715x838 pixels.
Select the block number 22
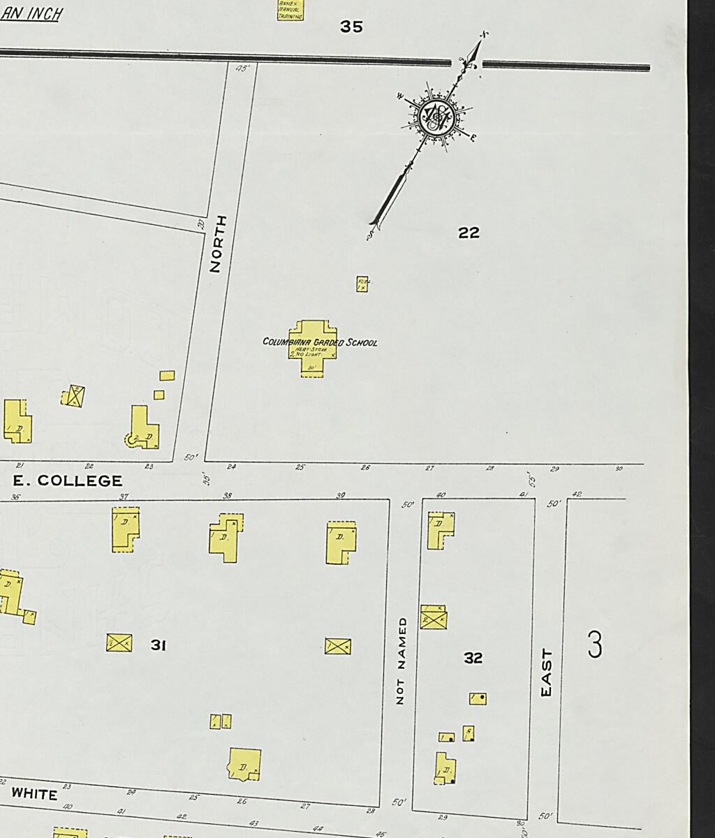click(x=469, y=233)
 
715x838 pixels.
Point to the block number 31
click(x=159, y=645)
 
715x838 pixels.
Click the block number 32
click(x=473, y=657)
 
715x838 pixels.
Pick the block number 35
click(x=351, y=27)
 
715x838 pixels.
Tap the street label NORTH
click(x=216, y=244)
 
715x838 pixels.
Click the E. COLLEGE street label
click(x=68, y=480)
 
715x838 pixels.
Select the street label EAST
click(x=547, y=672)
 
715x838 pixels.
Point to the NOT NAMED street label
click(x=401, y=660)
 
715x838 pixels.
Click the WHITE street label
click(x=34, y=794)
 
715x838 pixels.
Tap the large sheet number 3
click(x=594, y=645)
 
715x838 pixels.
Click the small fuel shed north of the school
click(x=362, y=284)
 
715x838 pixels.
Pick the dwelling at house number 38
click(x=225, y=538)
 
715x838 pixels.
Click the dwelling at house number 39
click(x=341, y=542)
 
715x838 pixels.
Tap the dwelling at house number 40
click(x=440, y=530)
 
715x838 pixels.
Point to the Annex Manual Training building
click(x=290, y=10)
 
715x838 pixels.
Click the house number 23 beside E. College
click(x=149, y=466)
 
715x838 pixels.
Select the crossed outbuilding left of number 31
click(x=119, y=642)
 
